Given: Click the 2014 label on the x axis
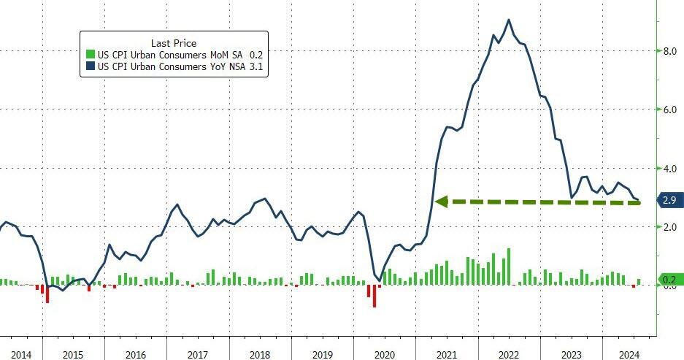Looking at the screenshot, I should [21, 355].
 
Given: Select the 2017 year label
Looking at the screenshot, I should [199, 355].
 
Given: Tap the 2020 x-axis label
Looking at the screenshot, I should [384, 355].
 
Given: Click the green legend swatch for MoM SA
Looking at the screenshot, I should [89, 55].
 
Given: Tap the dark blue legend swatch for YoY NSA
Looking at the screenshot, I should [89, 67].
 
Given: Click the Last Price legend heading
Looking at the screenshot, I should [173, 43].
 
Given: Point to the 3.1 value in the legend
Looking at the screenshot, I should [256, 67].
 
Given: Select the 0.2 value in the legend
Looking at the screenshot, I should [256, 55].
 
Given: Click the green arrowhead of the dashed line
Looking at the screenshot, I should [440, 201].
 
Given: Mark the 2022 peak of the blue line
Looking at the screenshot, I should [509, 20].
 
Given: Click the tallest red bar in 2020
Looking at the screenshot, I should [375, 296].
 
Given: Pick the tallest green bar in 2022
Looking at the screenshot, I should [508, 267].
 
